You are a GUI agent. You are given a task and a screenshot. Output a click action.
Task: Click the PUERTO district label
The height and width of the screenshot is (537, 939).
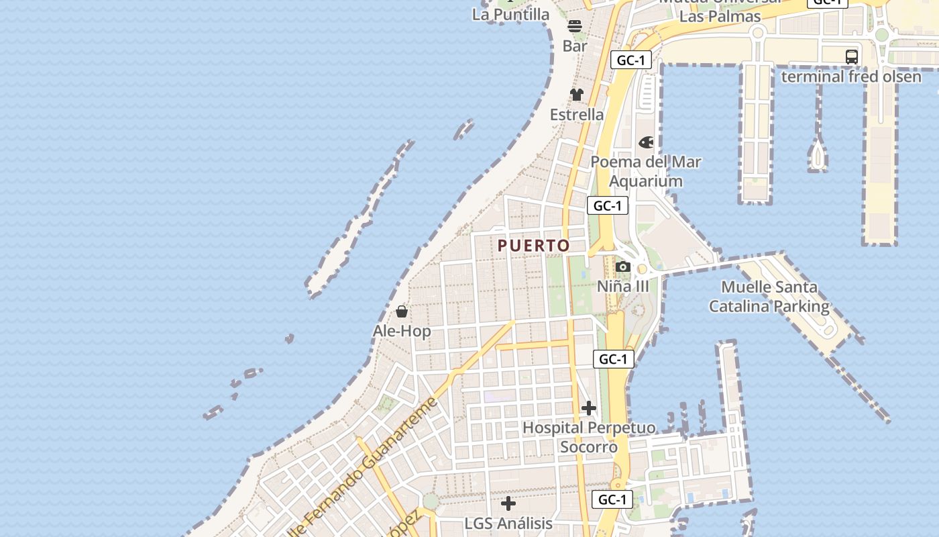click(x=534, y=246)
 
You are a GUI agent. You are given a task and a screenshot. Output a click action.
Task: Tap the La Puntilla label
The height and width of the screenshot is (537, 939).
click(x=510, y=14)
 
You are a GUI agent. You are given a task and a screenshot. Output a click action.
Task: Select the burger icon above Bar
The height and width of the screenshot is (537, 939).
click(x=575, y=26)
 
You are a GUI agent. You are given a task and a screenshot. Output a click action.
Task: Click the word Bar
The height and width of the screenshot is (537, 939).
click(x=575, y=46)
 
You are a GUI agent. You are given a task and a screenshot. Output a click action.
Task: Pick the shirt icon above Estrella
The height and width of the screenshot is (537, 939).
click(x=577, y=95)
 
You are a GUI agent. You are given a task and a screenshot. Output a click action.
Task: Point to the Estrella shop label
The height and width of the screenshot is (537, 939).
click(x=577, y=115)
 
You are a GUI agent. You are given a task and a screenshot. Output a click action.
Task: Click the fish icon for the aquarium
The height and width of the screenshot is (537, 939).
click(x=646, y=142)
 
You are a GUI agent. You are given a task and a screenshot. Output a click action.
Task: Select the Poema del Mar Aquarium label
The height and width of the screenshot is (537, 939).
click(x=646, y=171)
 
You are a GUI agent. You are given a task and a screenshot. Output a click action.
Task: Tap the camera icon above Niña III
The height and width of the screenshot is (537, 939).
click(x=623, y=266)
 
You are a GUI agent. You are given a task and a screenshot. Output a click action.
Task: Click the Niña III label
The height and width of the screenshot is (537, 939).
click(x=623, y=287)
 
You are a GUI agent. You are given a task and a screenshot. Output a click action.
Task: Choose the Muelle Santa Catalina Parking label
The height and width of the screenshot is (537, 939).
click(x=769, y=297)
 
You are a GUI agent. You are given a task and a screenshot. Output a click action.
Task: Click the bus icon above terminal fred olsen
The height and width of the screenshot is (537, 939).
click(x=852, y=56)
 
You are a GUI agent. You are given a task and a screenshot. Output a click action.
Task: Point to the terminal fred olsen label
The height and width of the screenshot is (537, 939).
click(x=851, y=77)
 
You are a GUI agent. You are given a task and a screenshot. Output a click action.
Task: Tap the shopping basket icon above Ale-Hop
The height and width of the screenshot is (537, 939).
click(x=402, y=311)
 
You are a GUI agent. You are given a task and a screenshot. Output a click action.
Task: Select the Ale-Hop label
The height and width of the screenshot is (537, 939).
click(x=402, y=332)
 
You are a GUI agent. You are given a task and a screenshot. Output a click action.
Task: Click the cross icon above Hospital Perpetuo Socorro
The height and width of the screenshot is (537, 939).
click(x=589, y=407)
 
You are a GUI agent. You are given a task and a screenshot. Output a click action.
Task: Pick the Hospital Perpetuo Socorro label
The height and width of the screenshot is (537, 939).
click(x=589, y=437)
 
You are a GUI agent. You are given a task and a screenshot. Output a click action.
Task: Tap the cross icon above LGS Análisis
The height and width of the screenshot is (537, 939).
click(x=508, y=503)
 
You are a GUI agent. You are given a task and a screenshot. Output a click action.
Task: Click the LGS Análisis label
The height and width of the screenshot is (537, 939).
click(x=508, y=523)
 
